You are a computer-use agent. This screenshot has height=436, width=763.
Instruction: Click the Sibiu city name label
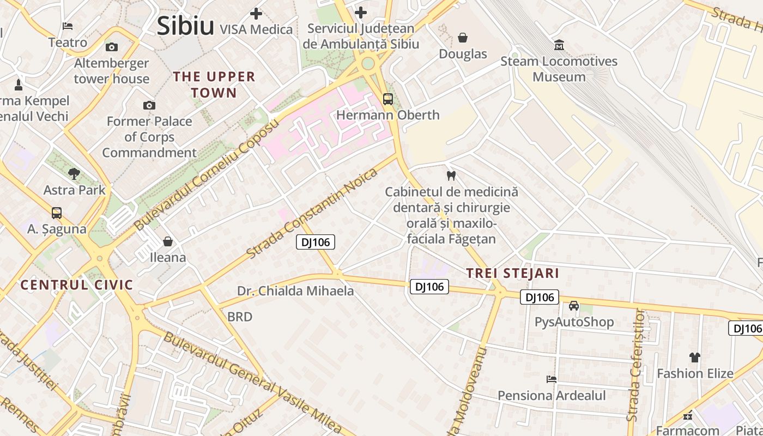[x=185, y=26]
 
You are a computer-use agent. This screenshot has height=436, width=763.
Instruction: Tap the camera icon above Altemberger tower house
[x=112, y=47]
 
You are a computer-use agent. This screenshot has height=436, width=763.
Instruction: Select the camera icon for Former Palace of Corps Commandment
[x=149, y=105]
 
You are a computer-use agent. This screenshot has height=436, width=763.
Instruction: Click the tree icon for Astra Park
[x=74, y=174]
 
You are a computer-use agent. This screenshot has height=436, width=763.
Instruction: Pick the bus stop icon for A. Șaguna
[x=57, y=213]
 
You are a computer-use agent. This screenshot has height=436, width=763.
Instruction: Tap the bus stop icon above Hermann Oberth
[x=388, y=99]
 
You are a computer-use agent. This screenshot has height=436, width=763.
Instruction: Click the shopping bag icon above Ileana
[x=168, y=241]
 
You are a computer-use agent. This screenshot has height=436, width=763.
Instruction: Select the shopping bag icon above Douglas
[x=463, y=38]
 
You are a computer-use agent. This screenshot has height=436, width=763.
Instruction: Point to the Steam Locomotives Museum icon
[x=559, y=45]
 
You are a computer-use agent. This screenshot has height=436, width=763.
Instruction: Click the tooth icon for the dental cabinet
[x=451, y=175]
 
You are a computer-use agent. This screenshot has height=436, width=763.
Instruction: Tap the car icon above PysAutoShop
[x=574, y=306]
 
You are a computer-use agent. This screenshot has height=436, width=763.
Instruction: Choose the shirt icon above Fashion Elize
[x=695, y=358]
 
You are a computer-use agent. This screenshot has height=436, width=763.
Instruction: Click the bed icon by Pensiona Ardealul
[x=552, y=379]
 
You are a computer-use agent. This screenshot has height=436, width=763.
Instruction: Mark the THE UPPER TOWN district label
[x=214, y=84]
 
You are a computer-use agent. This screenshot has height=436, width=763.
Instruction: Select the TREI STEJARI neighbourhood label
[x=512, y=273]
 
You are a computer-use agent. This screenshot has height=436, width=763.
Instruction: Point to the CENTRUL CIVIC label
[x=76, y=284]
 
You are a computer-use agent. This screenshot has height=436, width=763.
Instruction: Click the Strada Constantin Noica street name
[x=312, y=213]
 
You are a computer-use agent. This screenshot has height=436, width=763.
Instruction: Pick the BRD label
[x=240, y=317]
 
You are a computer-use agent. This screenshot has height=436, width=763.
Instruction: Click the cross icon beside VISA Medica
[x=256, y=14]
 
